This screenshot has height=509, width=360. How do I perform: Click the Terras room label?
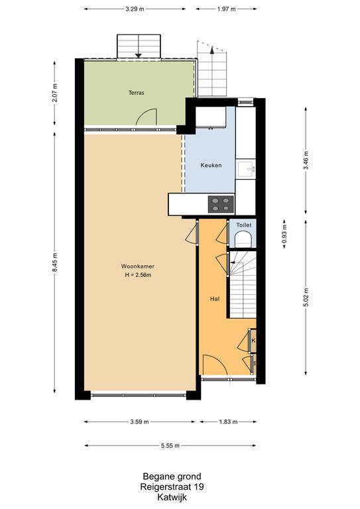point(137,93)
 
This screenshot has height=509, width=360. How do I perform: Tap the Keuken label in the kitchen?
point(211,165)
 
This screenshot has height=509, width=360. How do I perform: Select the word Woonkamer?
point(138,266)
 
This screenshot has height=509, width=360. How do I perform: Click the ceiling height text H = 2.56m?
point(139,275)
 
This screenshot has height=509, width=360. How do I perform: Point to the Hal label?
point(215,299)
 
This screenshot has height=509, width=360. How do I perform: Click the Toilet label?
point(244,225)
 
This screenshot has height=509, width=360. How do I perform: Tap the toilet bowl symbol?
point(243,239)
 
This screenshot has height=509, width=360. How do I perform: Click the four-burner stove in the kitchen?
point(221,204)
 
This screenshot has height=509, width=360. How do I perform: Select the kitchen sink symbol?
point(246,169)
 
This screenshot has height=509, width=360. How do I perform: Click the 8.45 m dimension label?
point(54,262)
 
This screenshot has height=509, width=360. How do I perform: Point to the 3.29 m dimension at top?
point(135,9)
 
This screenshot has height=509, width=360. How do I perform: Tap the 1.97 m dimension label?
point(226,9)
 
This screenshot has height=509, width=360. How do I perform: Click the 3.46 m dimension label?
point(306,160)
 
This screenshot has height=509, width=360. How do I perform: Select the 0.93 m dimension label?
point(284,234)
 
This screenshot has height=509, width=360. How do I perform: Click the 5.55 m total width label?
point(170,445)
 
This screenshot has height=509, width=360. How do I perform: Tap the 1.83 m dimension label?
point(228,422)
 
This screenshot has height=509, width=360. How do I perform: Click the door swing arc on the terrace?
point(146,115)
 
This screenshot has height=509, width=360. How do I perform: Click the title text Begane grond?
point(172,477)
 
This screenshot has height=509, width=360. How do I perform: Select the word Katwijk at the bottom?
point(172,497)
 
